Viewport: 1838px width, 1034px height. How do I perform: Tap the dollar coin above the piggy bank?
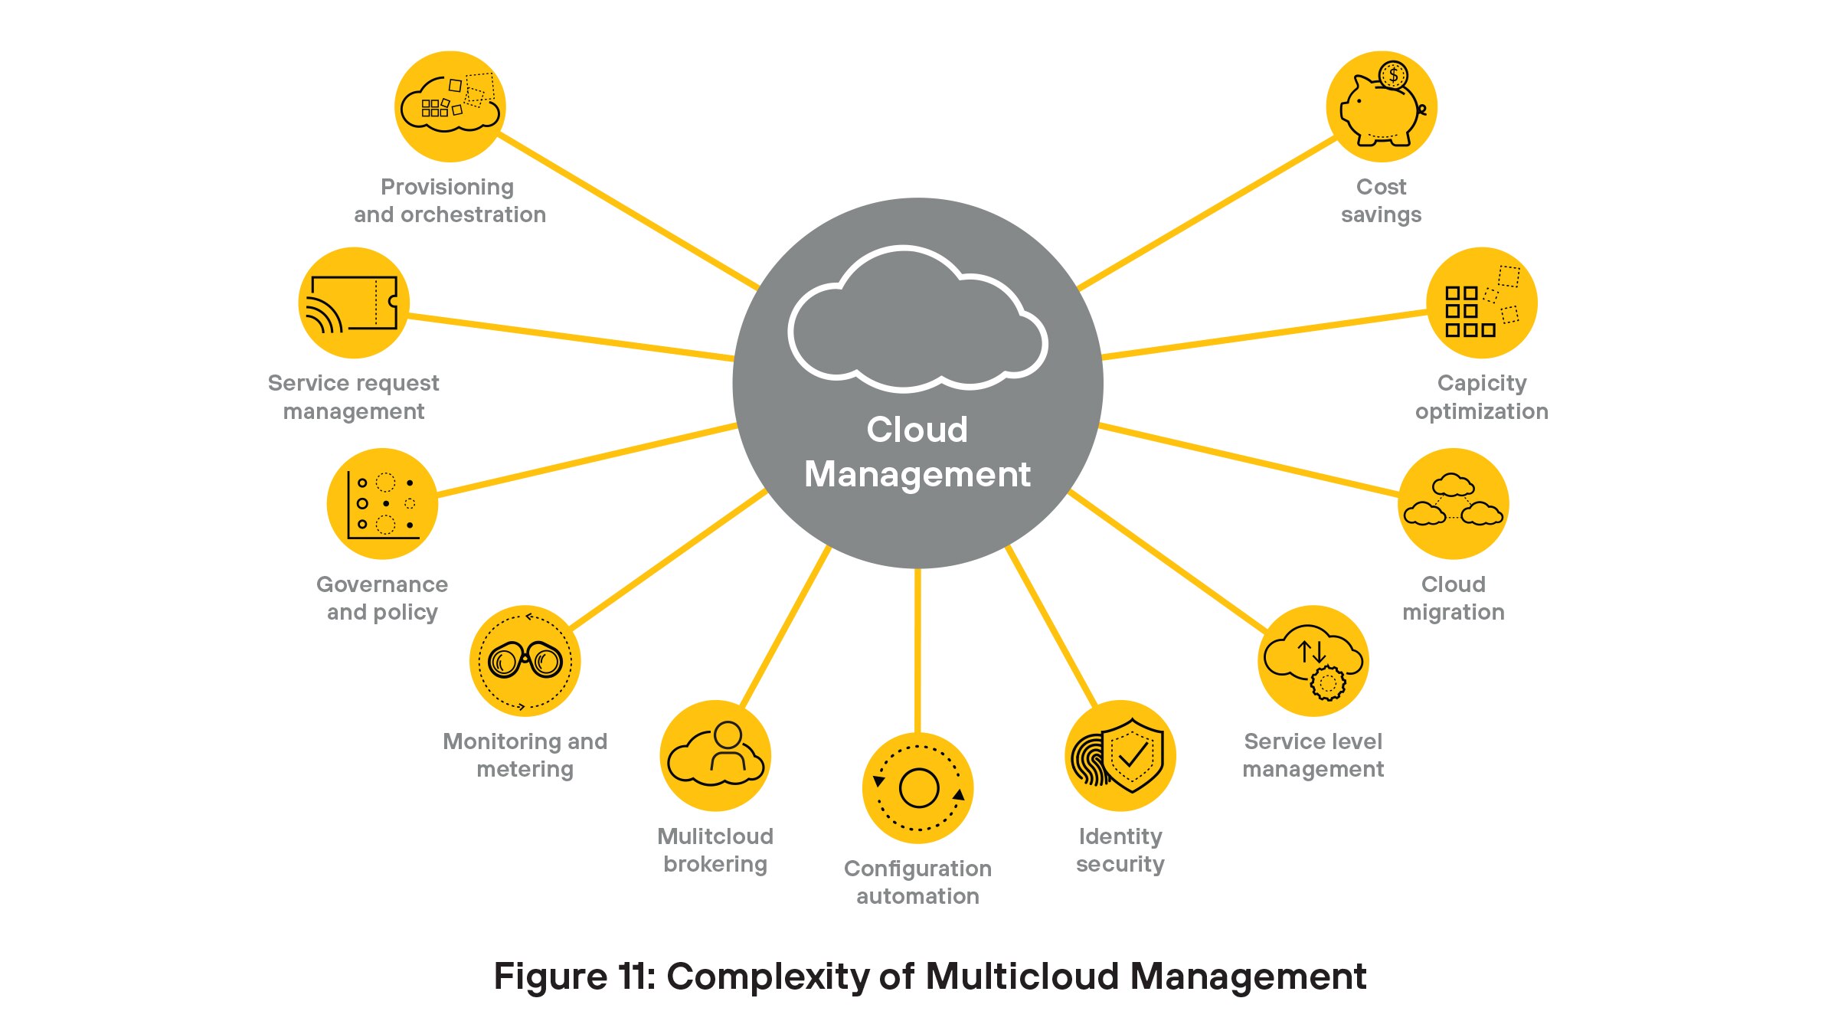click(1393, 75)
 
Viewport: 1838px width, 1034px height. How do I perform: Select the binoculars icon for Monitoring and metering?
click(525, 660)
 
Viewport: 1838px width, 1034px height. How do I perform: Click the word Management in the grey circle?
click(917, 474)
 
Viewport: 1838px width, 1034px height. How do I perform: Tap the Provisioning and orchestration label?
click(450, 201)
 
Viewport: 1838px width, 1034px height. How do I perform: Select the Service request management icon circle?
click(354, 303)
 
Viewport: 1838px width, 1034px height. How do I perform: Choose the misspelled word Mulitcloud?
click(715, 836)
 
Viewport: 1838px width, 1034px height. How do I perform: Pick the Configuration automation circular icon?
click(917, 788)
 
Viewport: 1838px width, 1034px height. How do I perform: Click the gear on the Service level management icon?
click(1327, 682)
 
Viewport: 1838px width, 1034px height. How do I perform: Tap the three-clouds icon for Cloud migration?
click(1453, 502)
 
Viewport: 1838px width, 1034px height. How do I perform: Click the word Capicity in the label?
click(1481, 383)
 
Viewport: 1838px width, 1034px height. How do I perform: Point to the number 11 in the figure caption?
click(633, 977)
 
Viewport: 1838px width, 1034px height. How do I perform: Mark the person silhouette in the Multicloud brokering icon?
click(727, 747)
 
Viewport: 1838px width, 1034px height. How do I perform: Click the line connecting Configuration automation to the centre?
click(917, 651)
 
